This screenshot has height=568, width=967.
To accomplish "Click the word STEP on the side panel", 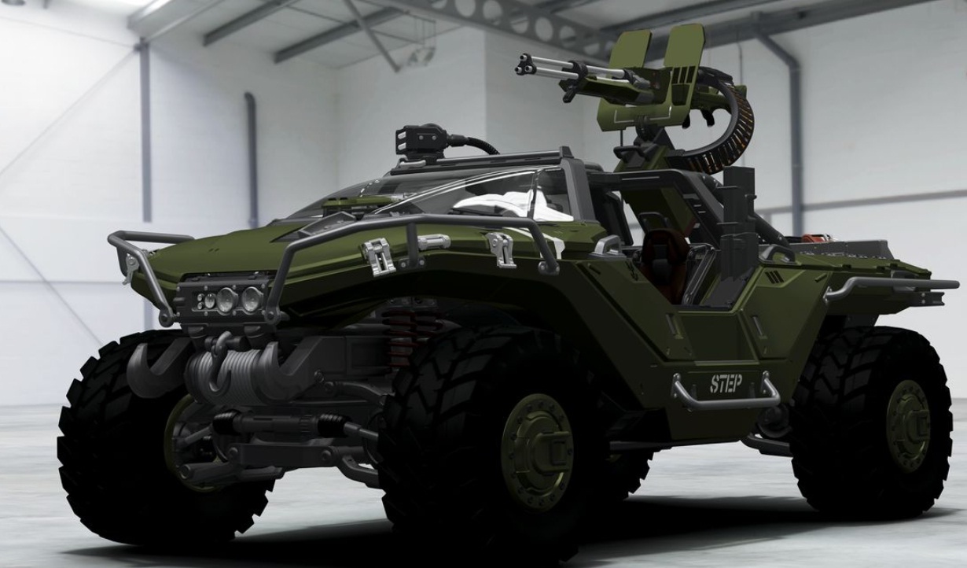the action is point(726,384).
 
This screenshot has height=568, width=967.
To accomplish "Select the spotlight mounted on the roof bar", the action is point(421,139).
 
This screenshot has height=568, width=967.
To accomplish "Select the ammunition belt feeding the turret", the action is point(730,130).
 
